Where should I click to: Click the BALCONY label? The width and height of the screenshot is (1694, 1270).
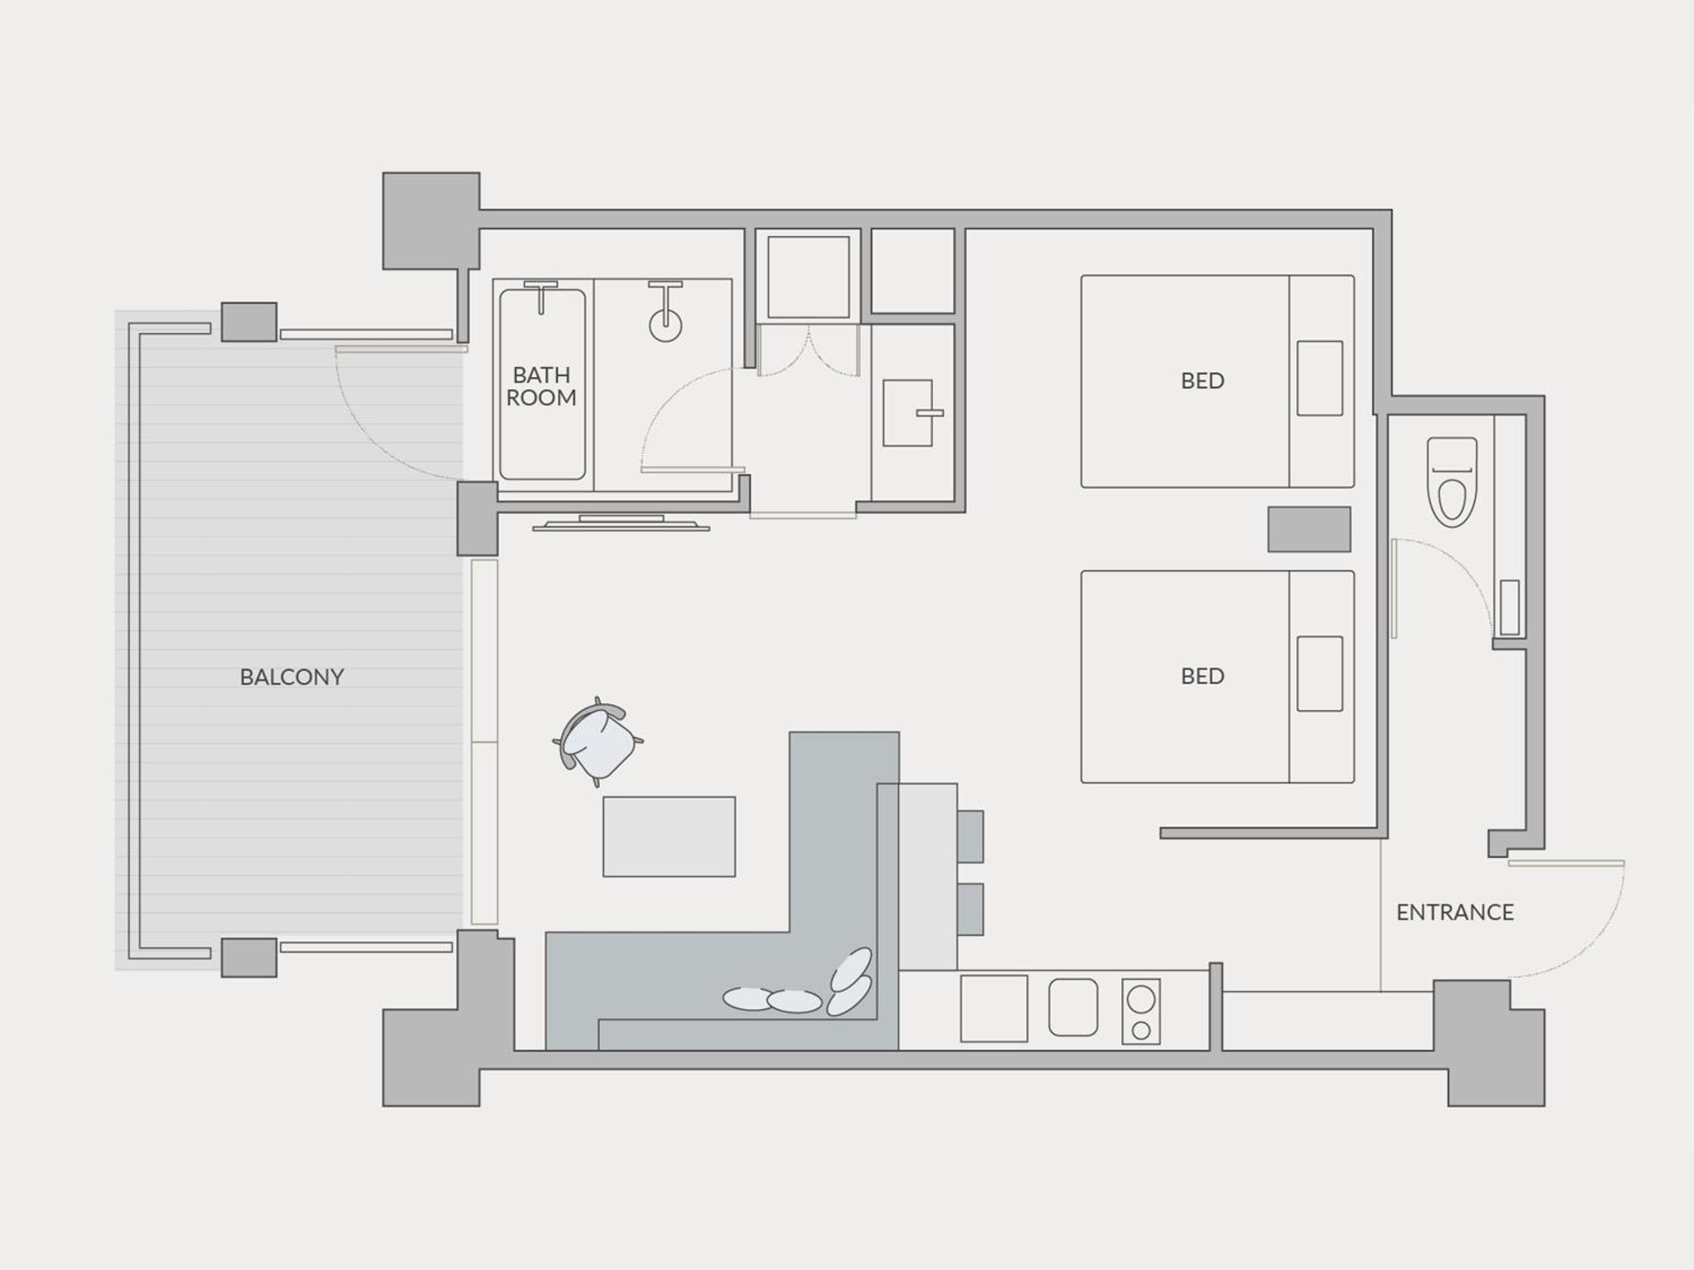292,677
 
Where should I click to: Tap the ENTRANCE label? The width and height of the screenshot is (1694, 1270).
1455,913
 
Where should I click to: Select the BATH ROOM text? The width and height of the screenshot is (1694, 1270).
542,387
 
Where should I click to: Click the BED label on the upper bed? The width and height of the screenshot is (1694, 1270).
1202,380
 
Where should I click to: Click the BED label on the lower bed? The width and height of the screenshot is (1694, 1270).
1202,676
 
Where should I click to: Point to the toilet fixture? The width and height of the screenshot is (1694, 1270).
1452,482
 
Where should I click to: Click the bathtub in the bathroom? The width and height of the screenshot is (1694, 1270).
542,385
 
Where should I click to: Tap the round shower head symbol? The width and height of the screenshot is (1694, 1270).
665,325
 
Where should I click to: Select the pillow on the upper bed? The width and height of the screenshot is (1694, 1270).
1319,378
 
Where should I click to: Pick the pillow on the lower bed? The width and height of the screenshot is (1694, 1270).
1319,674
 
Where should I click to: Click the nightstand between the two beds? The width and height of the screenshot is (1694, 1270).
1309,529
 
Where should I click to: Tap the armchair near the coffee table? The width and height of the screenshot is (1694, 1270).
598,741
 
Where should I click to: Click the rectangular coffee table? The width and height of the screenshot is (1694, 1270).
669,837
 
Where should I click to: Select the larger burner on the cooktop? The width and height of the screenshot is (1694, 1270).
1141,1000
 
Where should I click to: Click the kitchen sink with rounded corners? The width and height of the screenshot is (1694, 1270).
1073,1007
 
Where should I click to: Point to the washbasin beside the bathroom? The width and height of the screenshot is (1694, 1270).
908,413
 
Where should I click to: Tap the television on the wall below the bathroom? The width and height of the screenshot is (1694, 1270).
621,524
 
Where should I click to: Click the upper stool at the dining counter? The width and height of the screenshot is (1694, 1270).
971,837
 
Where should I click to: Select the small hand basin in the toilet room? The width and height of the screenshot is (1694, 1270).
1509,608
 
